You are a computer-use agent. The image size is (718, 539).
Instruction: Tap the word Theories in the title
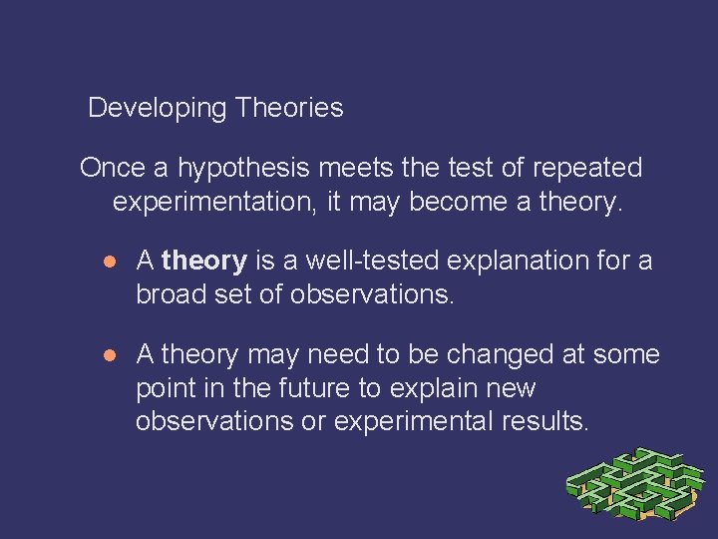(x=289, y=108)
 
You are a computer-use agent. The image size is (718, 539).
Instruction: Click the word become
(x=456, y=202)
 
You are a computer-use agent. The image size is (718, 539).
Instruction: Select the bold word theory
(x=203, y=262)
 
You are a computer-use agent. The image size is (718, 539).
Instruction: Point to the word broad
(x=171, y=294)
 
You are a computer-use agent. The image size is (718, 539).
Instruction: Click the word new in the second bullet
(x=510, y=388)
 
